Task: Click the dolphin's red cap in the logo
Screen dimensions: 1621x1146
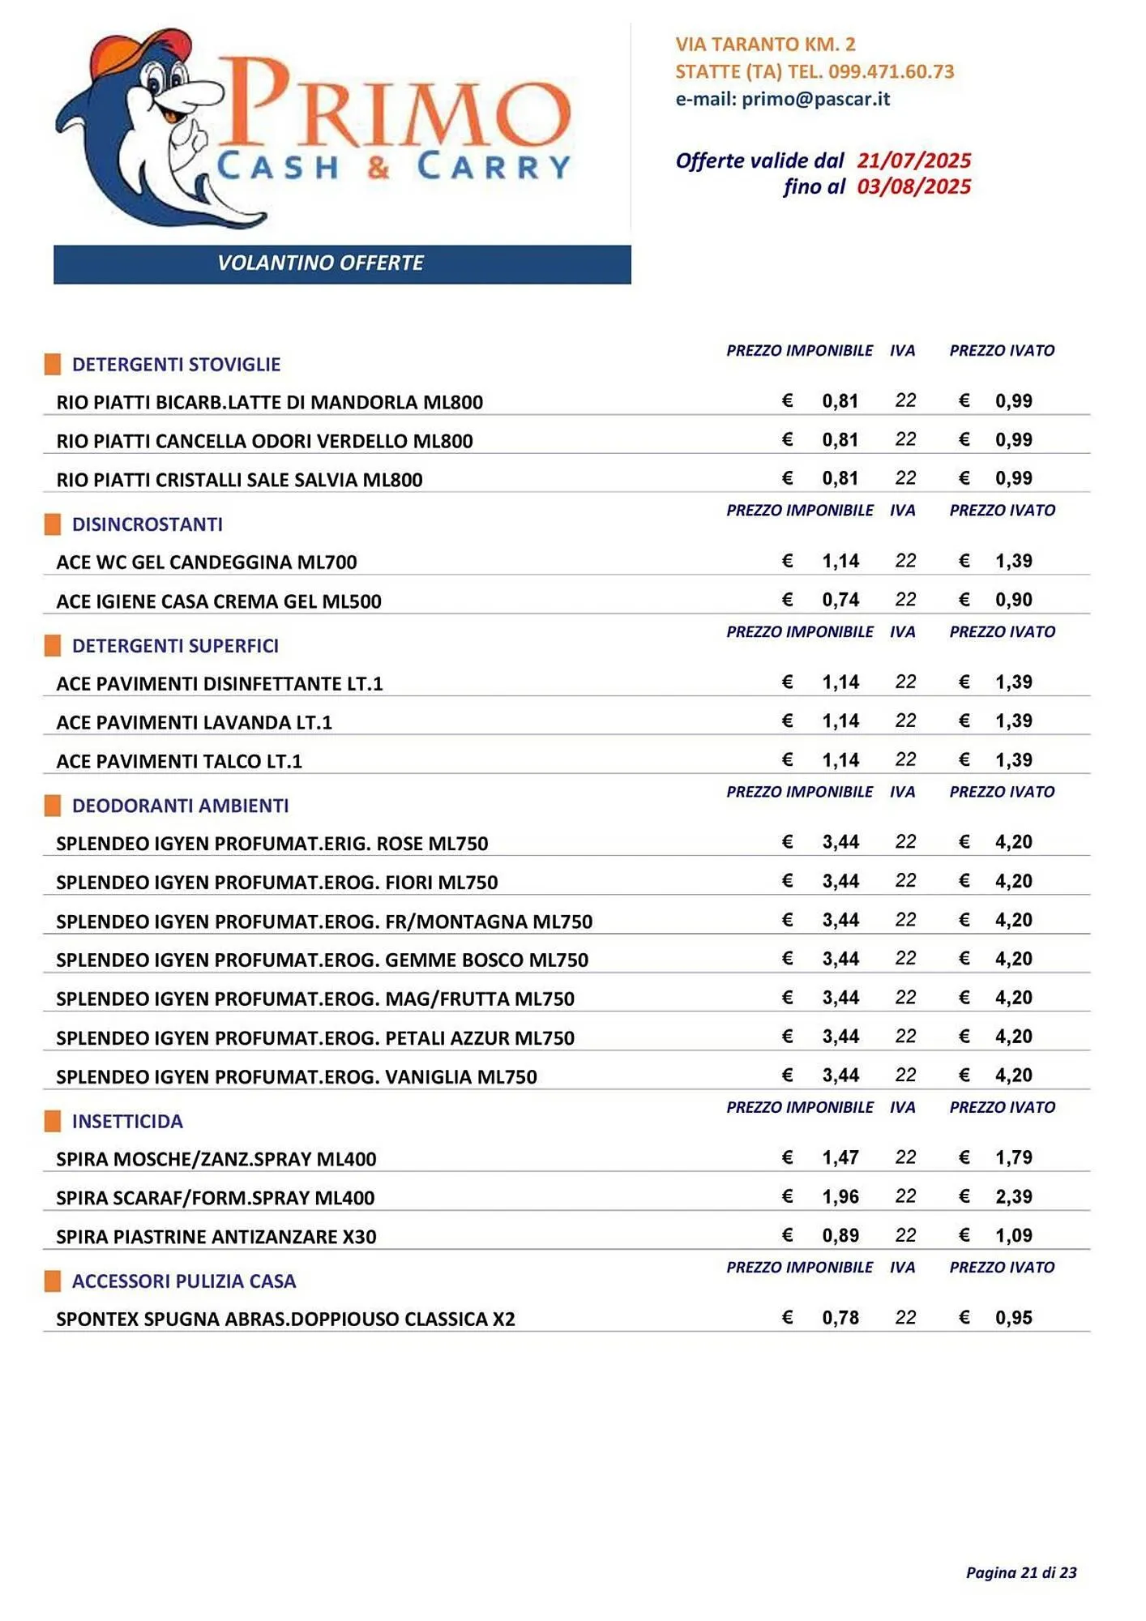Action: click(x=130, y=50)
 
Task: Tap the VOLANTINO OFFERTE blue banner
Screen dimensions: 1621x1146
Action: click(x=341, y=263)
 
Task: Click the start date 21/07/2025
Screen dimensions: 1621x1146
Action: click(x=913, y=160)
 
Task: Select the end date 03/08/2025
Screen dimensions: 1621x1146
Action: click(x=913, y=187)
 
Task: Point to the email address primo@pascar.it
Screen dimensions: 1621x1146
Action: click(x=815, y=99)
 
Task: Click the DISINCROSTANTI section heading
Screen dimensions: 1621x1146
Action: click(x=147, y=524)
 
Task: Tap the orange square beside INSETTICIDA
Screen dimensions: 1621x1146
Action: click(x=53, y=1121)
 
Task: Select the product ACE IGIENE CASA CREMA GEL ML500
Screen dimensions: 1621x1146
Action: click(x=219, y=601)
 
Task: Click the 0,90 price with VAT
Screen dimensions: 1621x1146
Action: click(x=1013, y=600)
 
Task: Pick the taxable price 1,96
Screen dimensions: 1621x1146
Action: click(x=840, y=1197)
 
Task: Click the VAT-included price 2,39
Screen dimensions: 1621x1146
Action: click(x=1013, y=1197)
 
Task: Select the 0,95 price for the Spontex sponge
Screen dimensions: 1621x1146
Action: click(x=1013, y=1318)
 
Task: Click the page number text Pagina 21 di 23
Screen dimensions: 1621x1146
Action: click(x=1020, y=1572)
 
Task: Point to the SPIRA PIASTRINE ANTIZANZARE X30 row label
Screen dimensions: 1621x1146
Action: click(x=216, y=1237)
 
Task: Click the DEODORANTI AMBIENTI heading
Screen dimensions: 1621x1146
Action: click(x=180, y=806)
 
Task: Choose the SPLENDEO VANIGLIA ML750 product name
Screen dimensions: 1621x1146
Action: click(x=297, y=1077)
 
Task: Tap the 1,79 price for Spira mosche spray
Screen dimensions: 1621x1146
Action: click(x=1013, y=1157)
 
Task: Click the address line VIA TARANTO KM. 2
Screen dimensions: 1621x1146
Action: click(x=765, y=45)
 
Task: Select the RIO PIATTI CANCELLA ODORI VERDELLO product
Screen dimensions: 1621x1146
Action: click(x=264, y=442)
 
